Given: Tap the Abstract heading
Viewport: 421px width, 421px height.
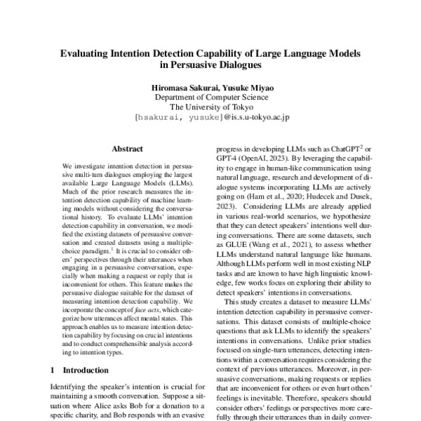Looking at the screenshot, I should pos(127,149).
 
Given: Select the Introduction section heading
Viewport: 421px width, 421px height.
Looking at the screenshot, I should pos(88,369).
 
